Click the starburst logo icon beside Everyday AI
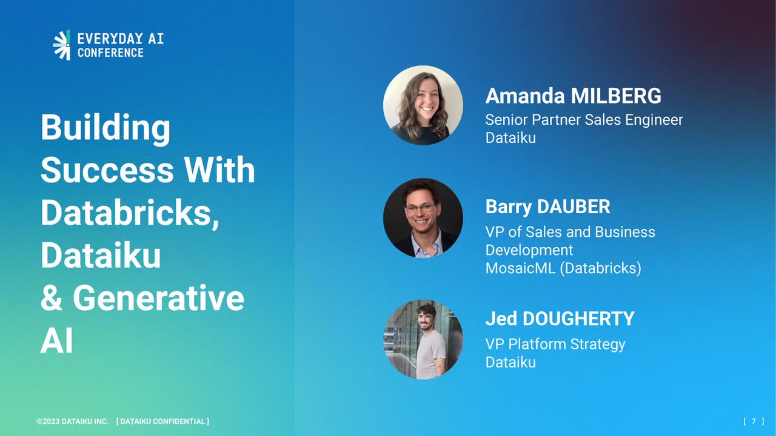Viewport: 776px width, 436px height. (x=62, y=45)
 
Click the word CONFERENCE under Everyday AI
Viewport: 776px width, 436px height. (x=110, y=53)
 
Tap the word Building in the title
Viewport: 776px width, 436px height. (x=105, y=128)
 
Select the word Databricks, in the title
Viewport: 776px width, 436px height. (x=130, y=213)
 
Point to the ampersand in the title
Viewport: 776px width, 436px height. (x=52, y=297)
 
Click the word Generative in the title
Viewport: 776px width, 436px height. (x=158, y=297)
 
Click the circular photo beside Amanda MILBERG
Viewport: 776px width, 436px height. (x=423, y=105)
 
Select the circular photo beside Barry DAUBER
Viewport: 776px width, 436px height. (x=423, y=218)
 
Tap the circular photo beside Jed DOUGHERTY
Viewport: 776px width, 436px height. (x=423, y=340)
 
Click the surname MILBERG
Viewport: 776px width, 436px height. (x=616, y=96)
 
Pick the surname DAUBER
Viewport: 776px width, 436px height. (x=574, y=206)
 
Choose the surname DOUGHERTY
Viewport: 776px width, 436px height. (x=578, y=319)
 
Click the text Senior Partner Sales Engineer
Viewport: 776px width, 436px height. (x=584, y=120)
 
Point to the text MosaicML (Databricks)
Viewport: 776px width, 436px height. (x=563, y=268)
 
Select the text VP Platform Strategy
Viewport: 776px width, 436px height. (x=555, y=345)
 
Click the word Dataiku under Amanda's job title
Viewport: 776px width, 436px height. (x=510, y=137)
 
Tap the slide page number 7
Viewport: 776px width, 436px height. (x=754, y=421)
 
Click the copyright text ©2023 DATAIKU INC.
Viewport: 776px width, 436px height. (x=72, y=421)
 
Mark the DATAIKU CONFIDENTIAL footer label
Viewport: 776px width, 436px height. (x=163, y=421)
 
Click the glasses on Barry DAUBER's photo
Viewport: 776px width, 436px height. (x=421, y=208)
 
